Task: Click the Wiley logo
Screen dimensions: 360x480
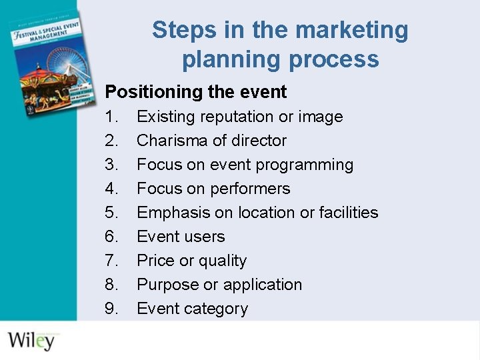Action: coord(31,339)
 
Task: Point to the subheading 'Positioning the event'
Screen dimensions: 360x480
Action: coord(196,91)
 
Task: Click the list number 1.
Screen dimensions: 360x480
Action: coord(111,117)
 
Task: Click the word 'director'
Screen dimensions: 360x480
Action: coord(259,141)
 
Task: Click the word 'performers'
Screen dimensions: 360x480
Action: coord(251,189)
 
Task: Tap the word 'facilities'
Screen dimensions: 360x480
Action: coord(348,213)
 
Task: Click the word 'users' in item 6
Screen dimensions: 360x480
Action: coord(204,237)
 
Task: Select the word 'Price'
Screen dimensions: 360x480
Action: coord(155,261)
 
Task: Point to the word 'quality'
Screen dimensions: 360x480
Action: coord(223,261)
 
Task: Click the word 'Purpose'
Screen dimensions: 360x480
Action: coord(167,285)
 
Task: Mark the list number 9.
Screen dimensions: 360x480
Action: coord(111,309)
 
